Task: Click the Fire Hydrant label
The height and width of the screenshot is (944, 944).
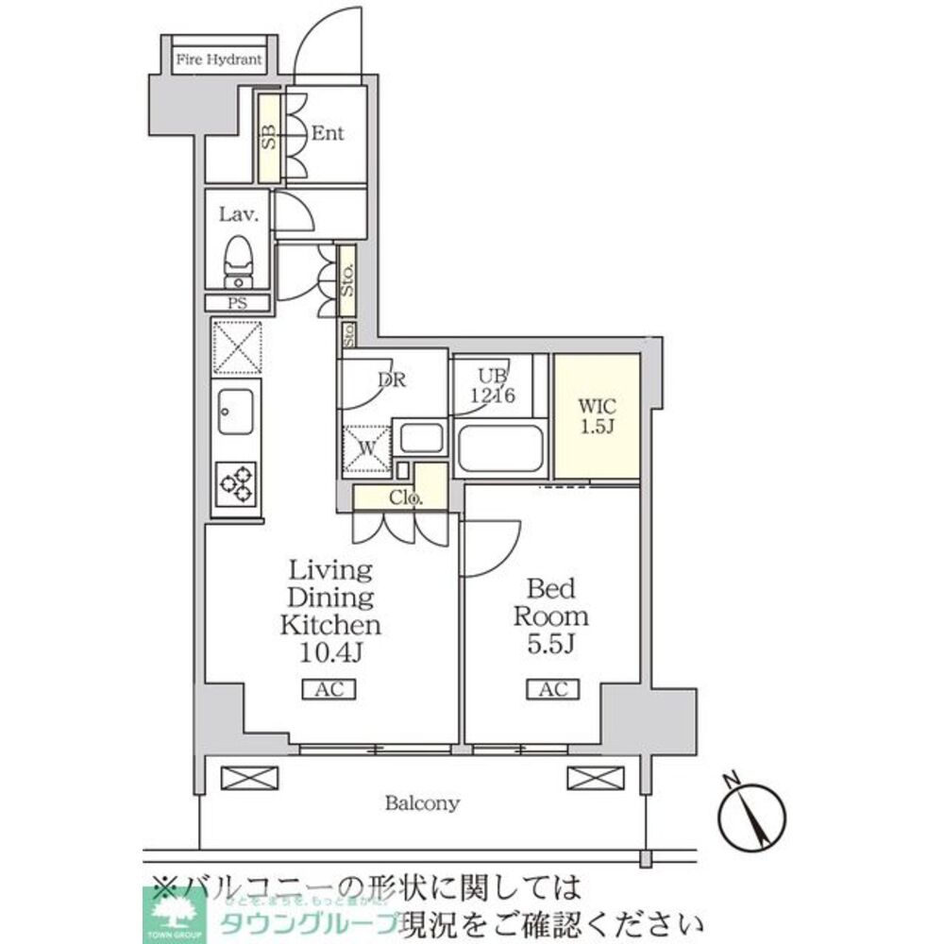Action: click(218, 60)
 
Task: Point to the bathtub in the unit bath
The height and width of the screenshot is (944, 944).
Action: click(499, 449)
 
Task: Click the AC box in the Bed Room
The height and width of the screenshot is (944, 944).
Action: click(553, 690)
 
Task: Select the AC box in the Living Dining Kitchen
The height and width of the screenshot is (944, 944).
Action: click(329, 690)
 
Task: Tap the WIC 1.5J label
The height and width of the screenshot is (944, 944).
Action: click(597, 415)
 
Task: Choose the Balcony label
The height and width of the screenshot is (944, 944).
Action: click(422, 804)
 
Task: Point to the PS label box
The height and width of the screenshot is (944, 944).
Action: click(237, 303)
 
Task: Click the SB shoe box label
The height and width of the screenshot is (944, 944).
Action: click(269, 138)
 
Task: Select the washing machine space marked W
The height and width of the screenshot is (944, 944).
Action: click(364, 447)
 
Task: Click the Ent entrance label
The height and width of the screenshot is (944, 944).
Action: click(327, 133)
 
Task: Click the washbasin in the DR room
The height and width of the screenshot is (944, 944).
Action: click(421, 438)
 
